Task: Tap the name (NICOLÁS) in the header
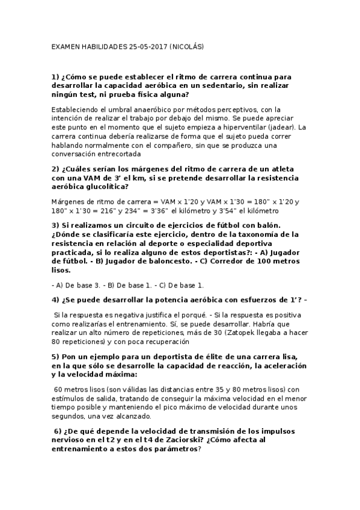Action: (188, 46)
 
